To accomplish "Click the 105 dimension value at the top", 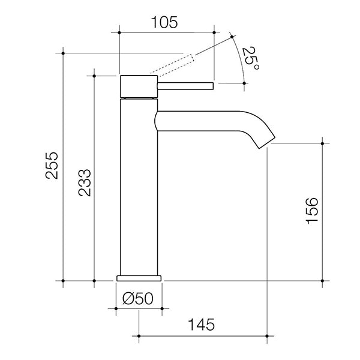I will click(163, 23).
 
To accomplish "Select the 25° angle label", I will click(251, 60).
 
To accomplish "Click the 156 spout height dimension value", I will click(312, 211).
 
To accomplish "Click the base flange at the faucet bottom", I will click(139, 277).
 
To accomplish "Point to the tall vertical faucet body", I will click(139, 186).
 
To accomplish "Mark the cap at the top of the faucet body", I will click(139, 86).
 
